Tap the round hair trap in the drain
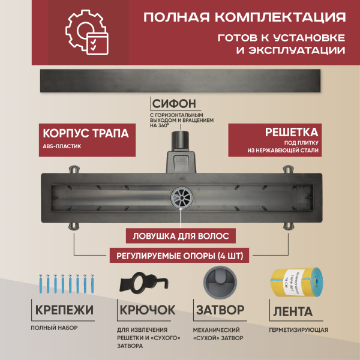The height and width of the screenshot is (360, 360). pyautogui.click(x=179, y=196)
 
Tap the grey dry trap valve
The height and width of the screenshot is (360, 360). pyautogui.click(x=220, y=283)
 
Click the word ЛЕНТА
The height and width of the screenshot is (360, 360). pyautogui.click(x=293, y=311)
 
